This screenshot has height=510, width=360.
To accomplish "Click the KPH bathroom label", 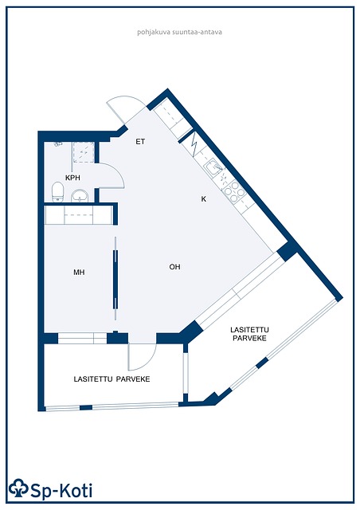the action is pos(72,178).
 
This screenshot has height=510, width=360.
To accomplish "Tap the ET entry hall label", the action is pos(140,142).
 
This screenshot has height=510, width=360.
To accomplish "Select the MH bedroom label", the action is pos(79,273).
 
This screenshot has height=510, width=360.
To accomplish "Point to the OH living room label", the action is pos(174,267).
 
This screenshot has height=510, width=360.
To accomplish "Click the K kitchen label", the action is pos(204,199).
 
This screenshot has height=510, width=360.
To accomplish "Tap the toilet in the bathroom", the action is pos(57,192).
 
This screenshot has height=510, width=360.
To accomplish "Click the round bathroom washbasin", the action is pos(80,195).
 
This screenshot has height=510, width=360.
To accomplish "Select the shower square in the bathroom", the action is pos(84,152).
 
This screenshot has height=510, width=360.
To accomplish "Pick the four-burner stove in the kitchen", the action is pos(234,191).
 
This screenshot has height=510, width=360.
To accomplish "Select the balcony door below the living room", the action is pos(143,356).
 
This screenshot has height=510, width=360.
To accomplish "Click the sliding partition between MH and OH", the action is pos(115,279).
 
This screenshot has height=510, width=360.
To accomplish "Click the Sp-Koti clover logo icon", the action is pos(18,488).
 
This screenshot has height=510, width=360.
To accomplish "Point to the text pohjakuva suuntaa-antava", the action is pos(179,32).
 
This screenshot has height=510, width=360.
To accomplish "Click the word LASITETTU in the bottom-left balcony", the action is pos(93,379).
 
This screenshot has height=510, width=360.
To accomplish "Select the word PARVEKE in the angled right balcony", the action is pos(249,338).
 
